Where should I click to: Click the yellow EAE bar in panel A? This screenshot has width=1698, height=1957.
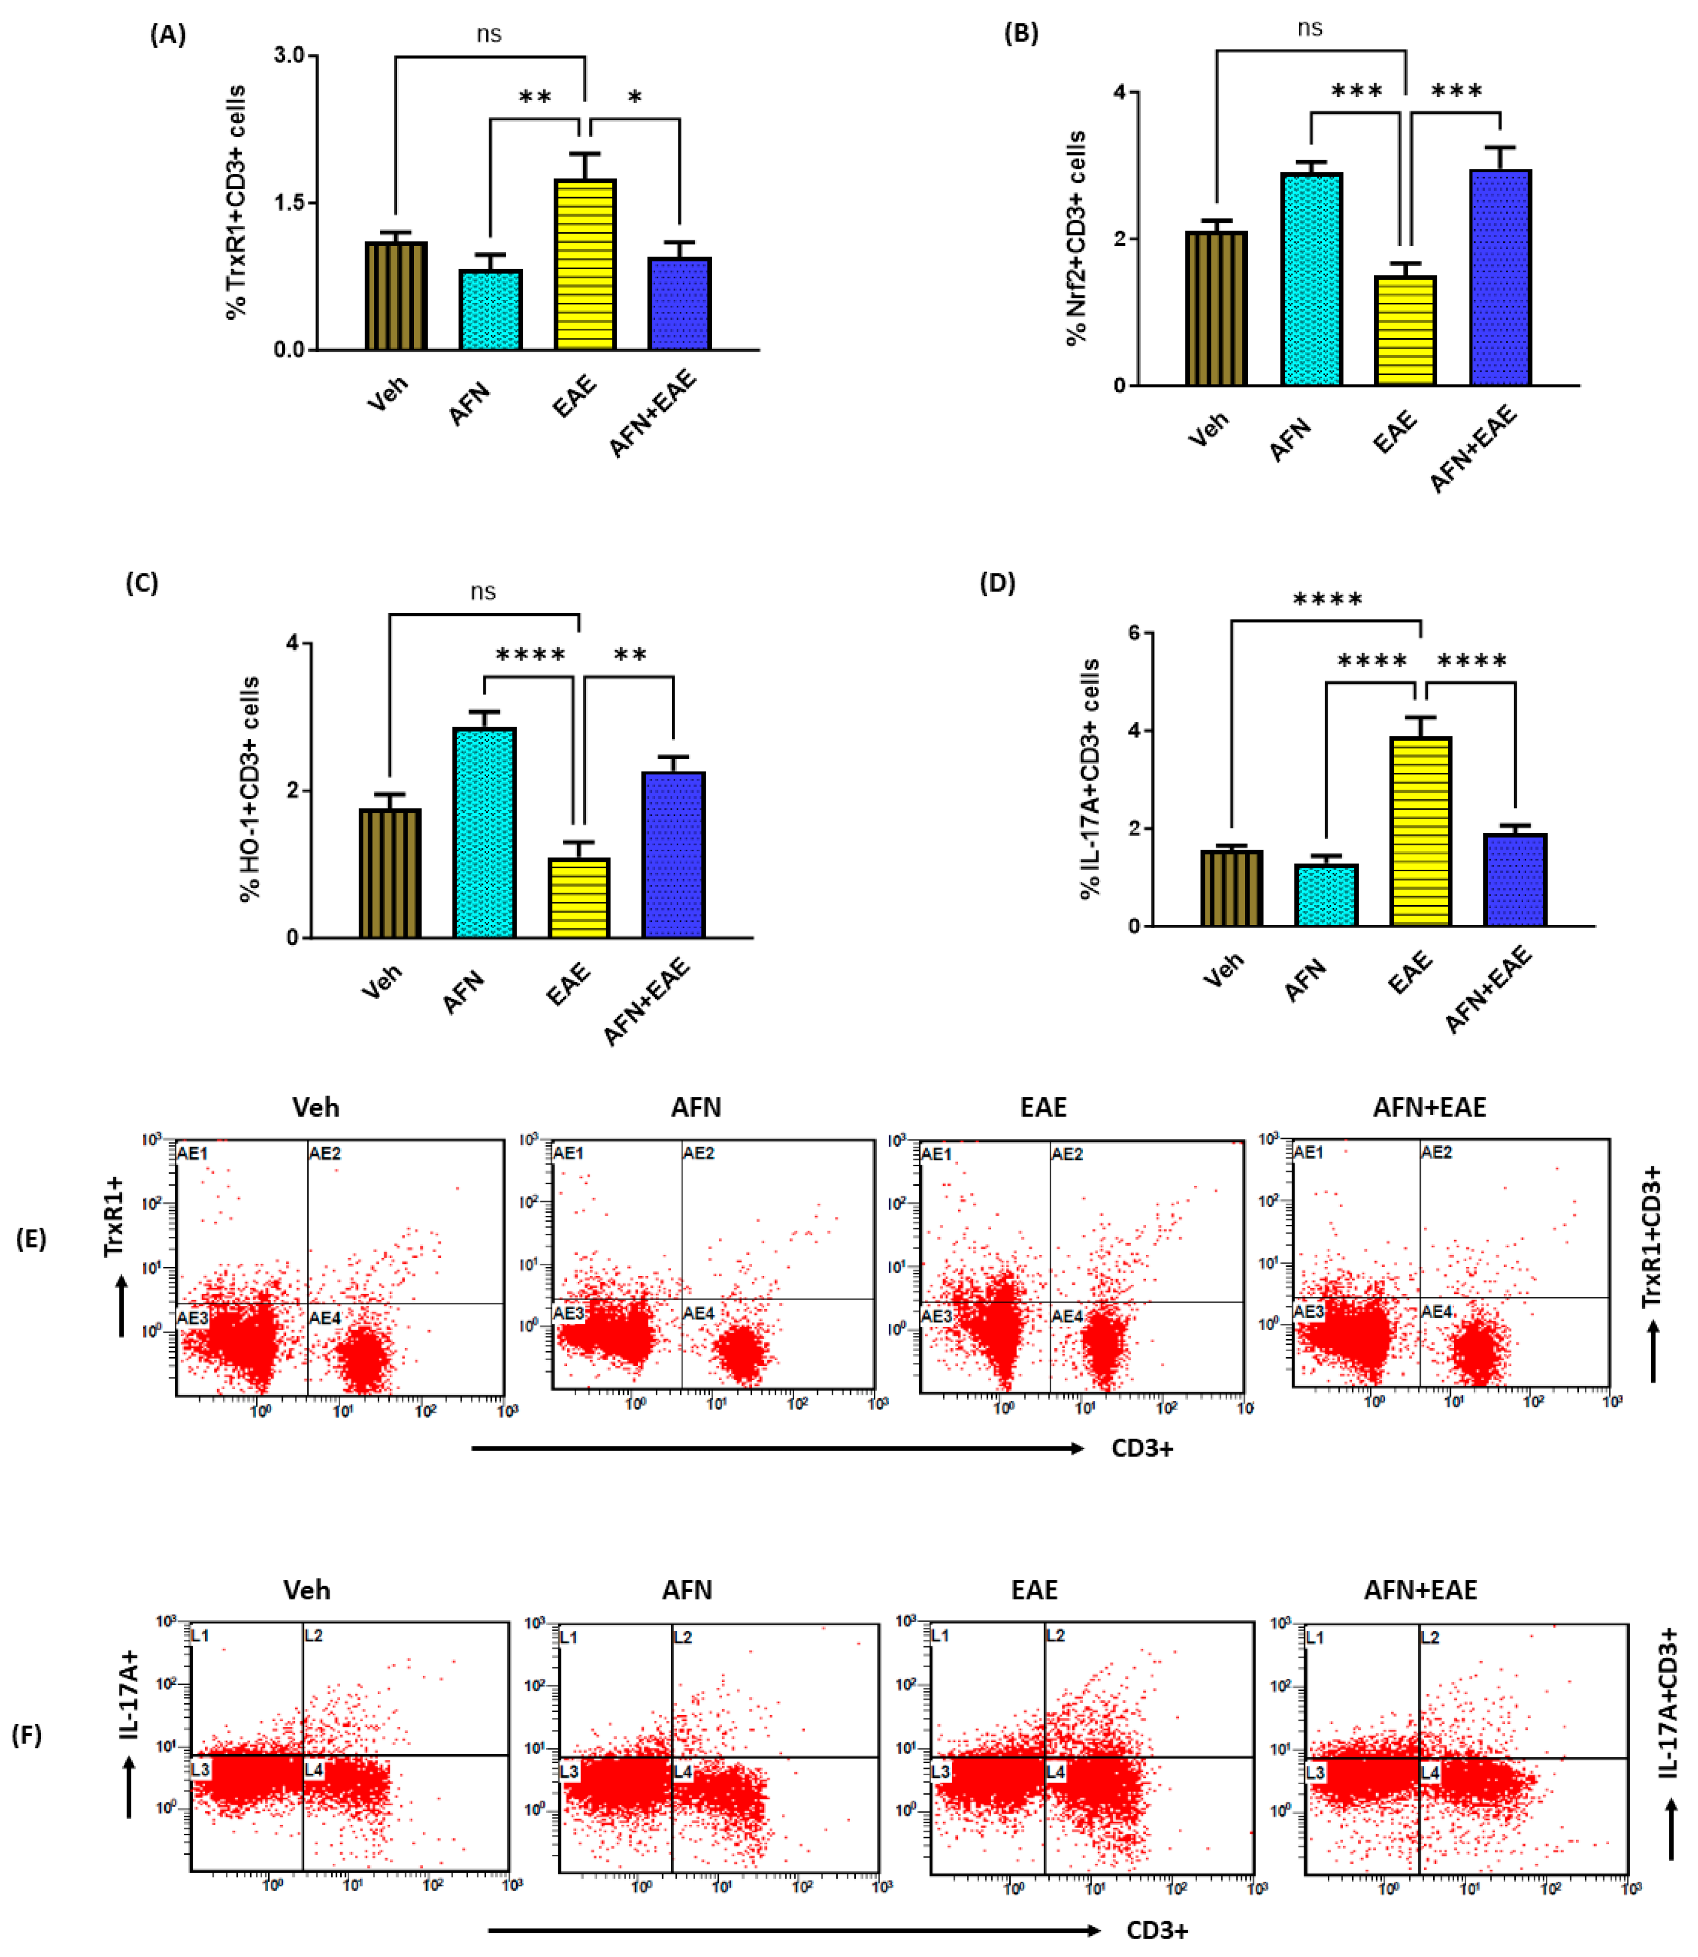585,265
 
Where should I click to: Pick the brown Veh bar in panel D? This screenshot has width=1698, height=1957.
1231,888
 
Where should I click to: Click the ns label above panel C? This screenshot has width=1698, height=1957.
483,592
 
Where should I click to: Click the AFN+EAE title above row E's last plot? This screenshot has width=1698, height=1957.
1429,1107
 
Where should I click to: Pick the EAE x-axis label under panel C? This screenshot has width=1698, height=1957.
568,984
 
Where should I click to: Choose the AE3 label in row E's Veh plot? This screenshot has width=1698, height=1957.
192,1317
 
